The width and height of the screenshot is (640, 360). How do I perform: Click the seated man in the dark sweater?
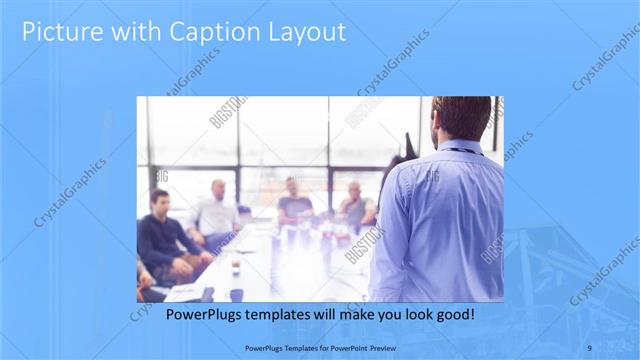point(160,235)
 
